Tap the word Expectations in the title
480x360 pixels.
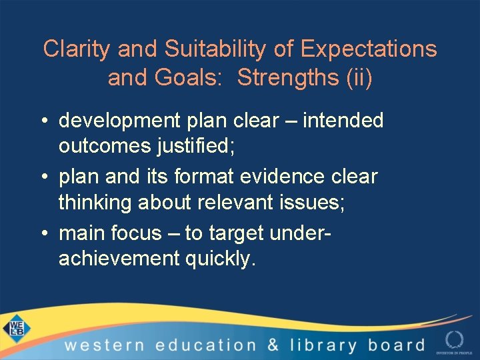click(x=369, y=49)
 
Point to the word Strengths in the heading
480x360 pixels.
click(x=287, y=77)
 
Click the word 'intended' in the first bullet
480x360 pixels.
click(x=343, y=121)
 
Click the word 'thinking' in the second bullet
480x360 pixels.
click(x=95, y=203)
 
